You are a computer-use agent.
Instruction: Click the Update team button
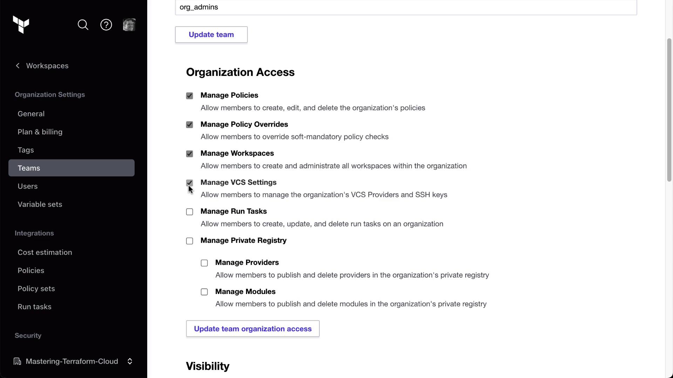click(211, 35)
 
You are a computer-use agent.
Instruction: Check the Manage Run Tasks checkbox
click(190, 212)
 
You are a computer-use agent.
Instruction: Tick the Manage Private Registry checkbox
click(190, 241)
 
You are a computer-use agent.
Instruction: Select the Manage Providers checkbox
click(204, 263)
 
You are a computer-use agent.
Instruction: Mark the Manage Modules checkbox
click(204, 292)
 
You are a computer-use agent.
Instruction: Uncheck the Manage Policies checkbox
click(190, 96)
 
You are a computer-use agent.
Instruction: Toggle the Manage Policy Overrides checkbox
click(190, 125)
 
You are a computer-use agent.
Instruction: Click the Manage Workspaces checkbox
click(190, 154)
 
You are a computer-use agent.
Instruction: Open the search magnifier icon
click(83, 25)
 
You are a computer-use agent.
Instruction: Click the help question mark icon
click(106, 25)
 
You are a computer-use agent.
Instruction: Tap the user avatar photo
click(129, 25)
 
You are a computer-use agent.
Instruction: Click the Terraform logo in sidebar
click(21, 25)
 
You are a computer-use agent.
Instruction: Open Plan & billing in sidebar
click(40, 132)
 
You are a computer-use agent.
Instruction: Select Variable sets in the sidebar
click(40, 204)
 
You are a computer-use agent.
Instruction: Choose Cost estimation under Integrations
click(45, 252)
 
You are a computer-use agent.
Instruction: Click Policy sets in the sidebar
click(36, 289)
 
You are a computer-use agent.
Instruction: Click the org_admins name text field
click(406, 7)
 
